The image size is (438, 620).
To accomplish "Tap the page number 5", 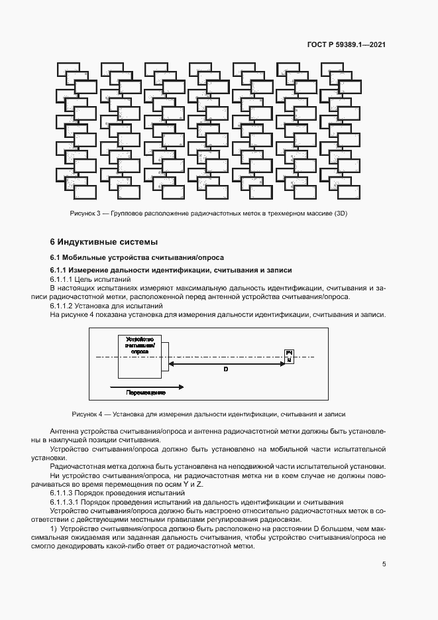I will coord(384,564).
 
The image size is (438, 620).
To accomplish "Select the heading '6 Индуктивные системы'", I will coord(105,241).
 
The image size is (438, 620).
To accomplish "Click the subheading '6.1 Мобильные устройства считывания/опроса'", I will coord(137,257).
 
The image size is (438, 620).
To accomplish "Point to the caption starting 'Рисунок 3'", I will coord(209,214).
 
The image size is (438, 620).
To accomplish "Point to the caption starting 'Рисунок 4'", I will coord(209,414).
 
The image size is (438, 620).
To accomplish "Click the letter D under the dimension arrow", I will coord(225,369).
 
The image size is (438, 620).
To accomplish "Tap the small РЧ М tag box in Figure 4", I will coord(289,355).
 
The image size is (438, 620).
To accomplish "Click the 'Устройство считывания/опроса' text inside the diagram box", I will coord(140,345).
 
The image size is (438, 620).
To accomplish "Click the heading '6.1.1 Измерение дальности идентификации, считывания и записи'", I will coord(171,271).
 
